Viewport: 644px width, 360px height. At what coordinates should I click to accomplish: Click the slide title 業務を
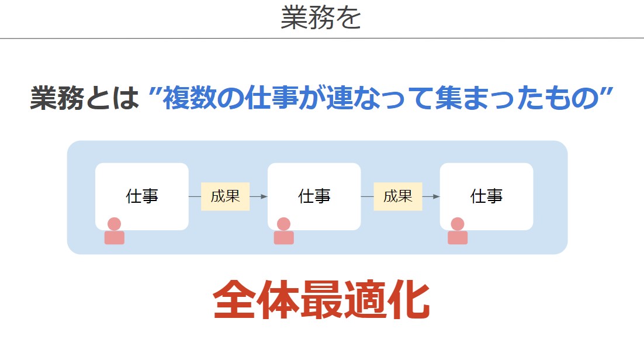pyautogui.click(x=321, y=18)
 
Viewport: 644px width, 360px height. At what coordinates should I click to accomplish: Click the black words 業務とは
pyautogui.click(x=85, y=98)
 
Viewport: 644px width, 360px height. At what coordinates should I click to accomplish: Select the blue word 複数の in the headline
pyautogui.click(x=203, y=98)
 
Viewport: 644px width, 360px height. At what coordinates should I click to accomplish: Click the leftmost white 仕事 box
pyautogui.click(x=142, y=196)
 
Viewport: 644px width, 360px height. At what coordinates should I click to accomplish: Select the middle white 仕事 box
pyautogui.click(x=314, y=196)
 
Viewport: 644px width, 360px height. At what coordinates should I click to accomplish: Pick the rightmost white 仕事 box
pyautogui.click(x=487, y=196)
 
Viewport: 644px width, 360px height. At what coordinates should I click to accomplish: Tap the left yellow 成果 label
pyautogui.click(x=226, y=196)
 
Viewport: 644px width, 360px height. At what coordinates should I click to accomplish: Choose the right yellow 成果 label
pyautogui.click(x=398, y=196)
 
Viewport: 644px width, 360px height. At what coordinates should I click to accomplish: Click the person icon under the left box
pyautogui.click(x=114, y=231)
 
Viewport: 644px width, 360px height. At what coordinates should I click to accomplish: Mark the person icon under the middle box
pyautogui.click(x=284, y=231)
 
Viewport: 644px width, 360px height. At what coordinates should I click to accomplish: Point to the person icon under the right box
pyautogui.click(x=458, y=231)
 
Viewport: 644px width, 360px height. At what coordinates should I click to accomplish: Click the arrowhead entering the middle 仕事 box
pyautogui.click(x=265, y=196)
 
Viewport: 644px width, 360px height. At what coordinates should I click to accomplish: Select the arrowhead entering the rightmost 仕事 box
pyautogui.click(x=437, y=196)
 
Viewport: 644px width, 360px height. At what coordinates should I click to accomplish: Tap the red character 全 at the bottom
pyautogui.click(x=234, y=300)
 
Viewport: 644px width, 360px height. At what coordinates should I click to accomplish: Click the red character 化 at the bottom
pyautogui.click(x=408, y=300)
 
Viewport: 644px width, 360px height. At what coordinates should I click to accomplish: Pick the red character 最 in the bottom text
pyautogui.click(x=321, y=300)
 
